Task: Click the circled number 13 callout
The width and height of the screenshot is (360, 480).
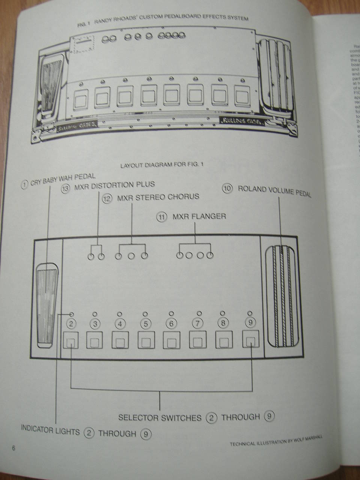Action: coord(65,189)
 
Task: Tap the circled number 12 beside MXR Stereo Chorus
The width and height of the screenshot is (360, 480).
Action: coord(107,198)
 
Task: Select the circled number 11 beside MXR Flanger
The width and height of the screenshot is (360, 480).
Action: coord(162,217)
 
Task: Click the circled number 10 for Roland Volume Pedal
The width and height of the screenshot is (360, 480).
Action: coord(227,188)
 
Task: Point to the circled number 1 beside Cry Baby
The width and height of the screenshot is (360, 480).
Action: coord(24,184)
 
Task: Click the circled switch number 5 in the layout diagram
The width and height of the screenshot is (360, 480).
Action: coord(146,324)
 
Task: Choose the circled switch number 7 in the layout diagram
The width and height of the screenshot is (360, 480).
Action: coord(197,323)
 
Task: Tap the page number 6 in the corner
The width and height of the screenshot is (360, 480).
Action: coord(13,448)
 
